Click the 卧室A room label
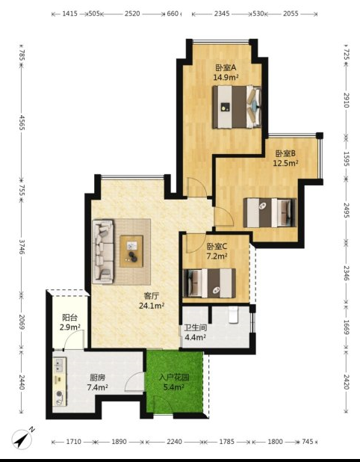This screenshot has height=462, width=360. [x=226, y=68]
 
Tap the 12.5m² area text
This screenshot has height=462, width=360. [x=285, y=163]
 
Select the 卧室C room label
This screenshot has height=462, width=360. [x=217, y=246]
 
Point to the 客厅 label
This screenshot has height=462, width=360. [x=152, y=295]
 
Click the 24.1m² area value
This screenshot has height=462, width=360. [x=152, y=306]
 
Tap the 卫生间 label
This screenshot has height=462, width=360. [x=196, y=327]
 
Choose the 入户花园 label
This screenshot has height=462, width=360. [x=174, y=377]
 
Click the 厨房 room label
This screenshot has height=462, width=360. [x=97, y=378]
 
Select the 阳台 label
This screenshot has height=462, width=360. [x=69, y=317]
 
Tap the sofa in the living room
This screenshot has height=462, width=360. [x=103, y=251]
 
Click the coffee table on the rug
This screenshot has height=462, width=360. [x=131, y=251]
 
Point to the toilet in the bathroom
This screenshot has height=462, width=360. [x=233, y=315]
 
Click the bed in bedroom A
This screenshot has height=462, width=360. [x=237, y=107]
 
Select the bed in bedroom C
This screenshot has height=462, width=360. [x=209, y=283]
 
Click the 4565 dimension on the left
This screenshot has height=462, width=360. [x=22, y=123]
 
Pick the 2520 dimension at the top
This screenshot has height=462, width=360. [x=132, y=13]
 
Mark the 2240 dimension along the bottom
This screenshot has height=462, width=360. [x=174, y=442]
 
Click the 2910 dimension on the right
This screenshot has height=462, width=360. [x=346, y=100]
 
